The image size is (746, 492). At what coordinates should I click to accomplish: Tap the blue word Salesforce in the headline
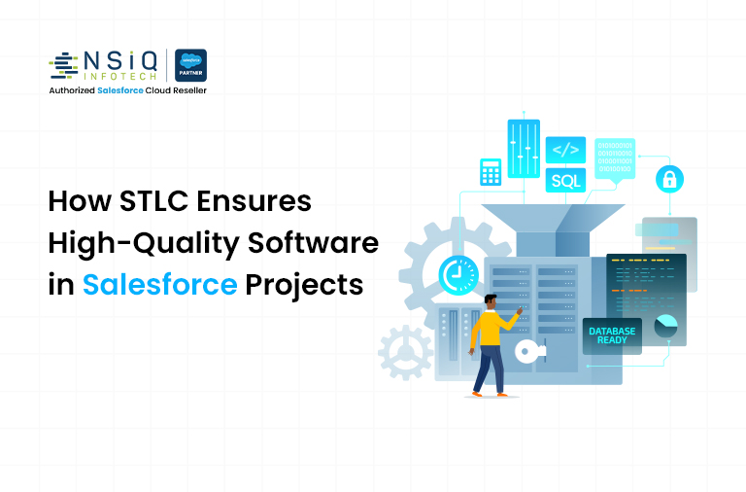[x=159, y=285]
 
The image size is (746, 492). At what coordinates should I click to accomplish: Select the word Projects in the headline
[x=304, y=285]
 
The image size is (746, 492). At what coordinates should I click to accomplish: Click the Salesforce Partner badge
[x=190, y=65]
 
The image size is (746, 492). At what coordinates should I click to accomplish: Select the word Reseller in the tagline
[x=185, y=90]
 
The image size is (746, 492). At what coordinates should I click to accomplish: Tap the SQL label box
[x=564, y=180]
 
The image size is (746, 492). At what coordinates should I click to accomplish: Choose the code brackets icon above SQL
[x=564, y=151]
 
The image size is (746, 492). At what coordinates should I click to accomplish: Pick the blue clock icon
[x=457, y=274]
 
